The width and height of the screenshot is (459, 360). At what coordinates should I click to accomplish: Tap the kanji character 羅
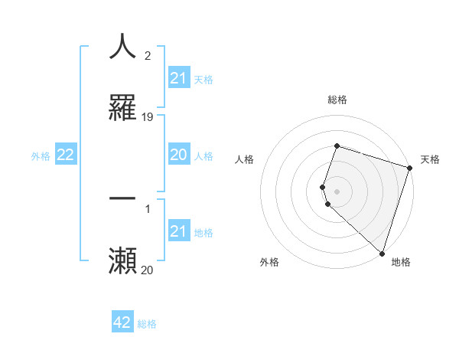coord(122,108)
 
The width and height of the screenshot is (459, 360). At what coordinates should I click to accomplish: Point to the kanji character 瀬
coord(122,261)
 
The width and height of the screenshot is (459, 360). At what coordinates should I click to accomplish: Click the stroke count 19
coord(148,117)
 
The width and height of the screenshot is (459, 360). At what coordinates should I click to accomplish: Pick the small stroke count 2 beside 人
coord(147,55)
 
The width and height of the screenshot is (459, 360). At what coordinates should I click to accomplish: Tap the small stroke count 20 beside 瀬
coord(148,270)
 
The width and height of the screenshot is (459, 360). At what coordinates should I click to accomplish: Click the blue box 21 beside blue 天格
coord(179,78)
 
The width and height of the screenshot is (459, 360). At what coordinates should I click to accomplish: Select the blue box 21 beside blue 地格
coord(179,231)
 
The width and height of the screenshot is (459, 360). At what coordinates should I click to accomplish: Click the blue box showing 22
coord(66,155)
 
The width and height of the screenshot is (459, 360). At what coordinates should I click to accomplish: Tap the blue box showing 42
coord(122,322)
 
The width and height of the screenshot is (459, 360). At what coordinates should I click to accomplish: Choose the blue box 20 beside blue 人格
coord(179,155)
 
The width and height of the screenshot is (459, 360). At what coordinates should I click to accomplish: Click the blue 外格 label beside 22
coord(41,156)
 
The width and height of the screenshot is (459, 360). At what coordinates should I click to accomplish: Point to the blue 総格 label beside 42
coord(147,324)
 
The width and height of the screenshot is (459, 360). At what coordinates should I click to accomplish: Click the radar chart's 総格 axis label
coord(337,100)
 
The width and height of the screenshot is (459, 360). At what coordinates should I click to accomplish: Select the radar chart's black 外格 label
coord(269,262)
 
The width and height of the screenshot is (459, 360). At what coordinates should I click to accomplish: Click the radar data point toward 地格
coord(382,253)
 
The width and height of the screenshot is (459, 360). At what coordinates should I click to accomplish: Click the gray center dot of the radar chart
coord(337,191)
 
